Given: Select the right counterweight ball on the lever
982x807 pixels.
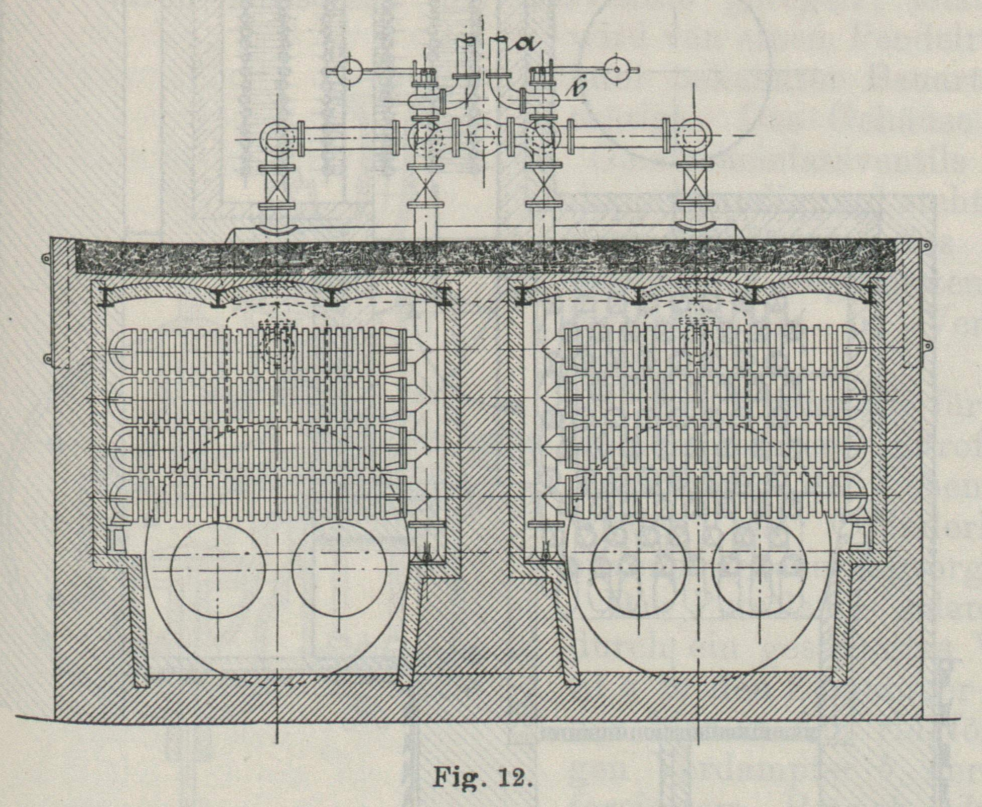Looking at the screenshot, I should click(x=618, y=70).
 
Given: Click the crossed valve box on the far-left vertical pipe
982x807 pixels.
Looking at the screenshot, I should click(x=276, y=184).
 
